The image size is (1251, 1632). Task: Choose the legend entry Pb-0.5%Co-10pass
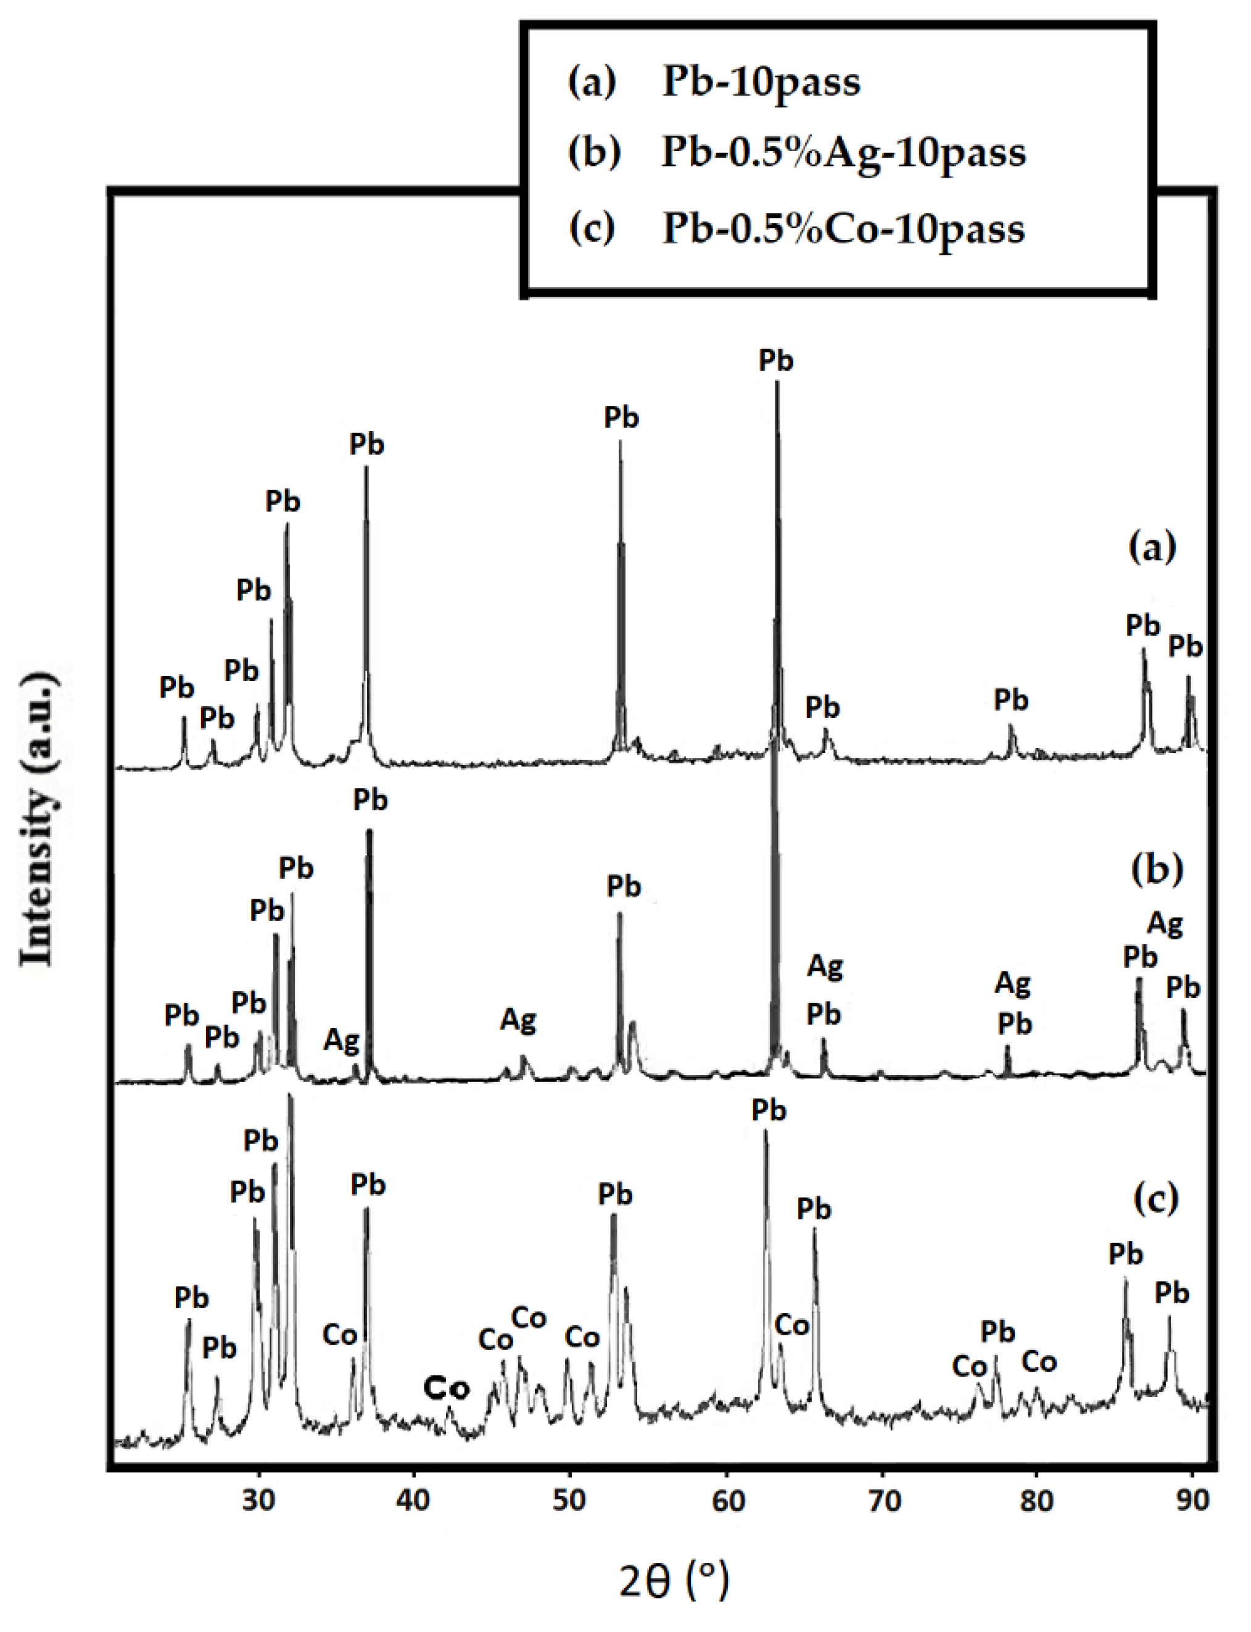point(843,229)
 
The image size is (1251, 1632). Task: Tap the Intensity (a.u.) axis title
point(37,820)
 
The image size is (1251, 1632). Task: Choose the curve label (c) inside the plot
point(1155,1198)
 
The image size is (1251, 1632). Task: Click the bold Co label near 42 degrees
point(447,1388)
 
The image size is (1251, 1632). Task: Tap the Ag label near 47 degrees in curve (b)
point(518,1020)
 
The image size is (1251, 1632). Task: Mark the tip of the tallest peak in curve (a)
point(777,382)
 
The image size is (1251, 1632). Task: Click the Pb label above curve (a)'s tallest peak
point(776,360)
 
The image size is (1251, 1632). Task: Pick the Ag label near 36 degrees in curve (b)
point(341,1039)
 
